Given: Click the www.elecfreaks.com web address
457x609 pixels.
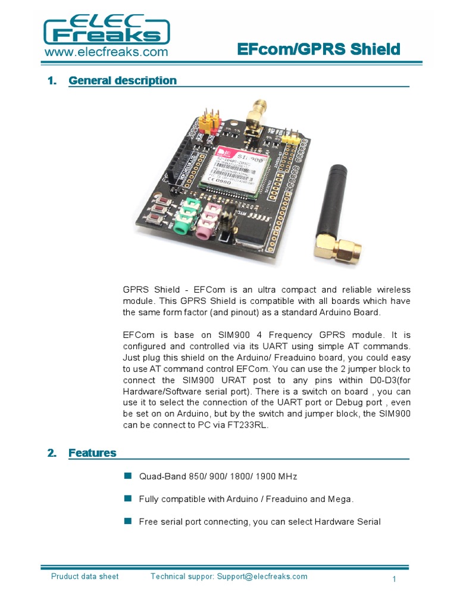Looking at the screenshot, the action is (106, 52).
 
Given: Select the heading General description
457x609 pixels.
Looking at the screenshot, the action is (123, 80).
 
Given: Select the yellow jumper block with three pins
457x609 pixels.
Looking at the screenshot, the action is (291, 139).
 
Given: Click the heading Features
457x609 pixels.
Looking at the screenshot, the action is (92, 453).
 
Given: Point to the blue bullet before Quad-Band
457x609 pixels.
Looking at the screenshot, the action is (127, 476).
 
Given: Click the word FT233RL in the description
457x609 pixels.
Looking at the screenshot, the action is (243, 425).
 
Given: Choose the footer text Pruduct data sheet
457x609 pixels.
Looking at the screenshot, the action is (84, 576).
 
